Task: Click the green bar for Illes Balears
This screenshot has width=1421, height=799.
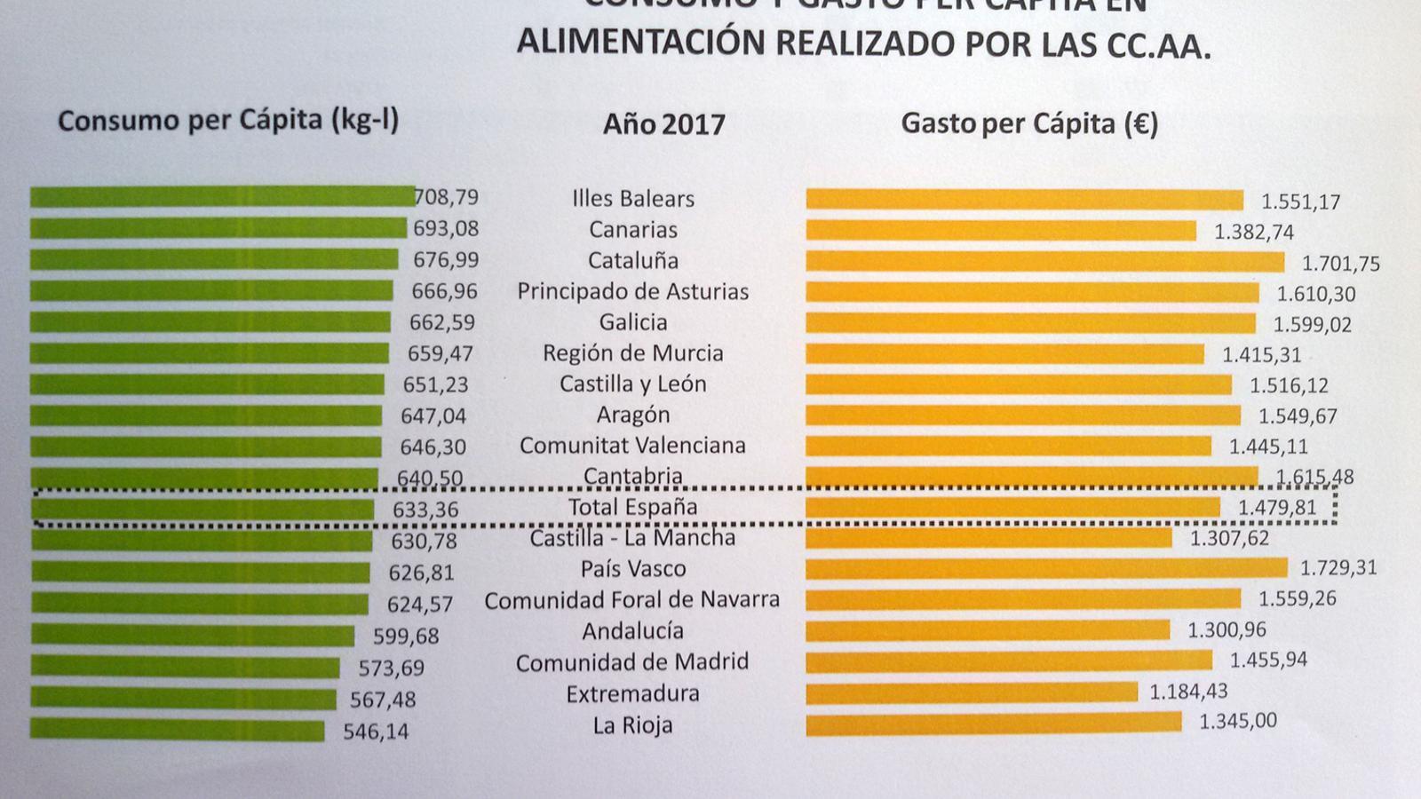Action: tap(222, 196)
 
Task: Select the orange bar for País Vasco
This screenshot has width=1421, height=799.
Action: tap(1046, 568)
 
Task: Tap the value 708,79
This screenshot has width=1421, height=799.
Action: tap(447, 196)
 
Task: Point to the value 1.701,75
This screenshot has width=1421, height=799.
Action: tap(1340, 264)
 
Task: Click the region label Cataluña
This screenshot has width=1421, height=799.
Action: tap(632, 261)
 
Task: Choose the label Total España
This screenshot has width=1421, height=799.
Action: tap(632, 508)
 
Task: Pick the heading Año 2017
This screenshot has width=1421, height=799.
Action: tap(663, 124)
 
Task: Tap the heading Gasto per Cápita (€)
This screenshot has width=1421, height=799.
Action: tap(1029, 123)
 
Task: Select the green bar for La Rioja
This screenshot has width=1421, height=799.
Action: tap(178, 731)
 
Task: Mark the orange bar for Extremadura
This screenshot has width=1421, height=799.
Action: tap(972, 692)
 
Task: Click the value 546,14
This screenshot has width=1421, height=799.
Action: tap(376, 732)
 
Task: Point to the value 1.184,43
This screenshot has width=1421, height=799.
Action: tap(1188, 692)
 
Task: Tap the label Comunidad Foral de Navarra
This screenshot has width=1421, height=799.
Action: tap(631, 600)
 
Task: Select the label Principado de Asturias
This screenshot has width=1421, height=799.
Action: tap(632, 291)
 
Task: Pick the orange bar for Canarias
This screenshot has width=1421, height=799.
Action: tap(1001, 231)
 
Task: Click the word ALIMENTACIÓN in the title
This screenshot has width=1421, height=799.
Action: tap(640, 42)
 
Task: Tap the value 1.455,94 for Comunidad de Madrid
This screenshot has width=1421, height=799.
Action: tap(1268, 661)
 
